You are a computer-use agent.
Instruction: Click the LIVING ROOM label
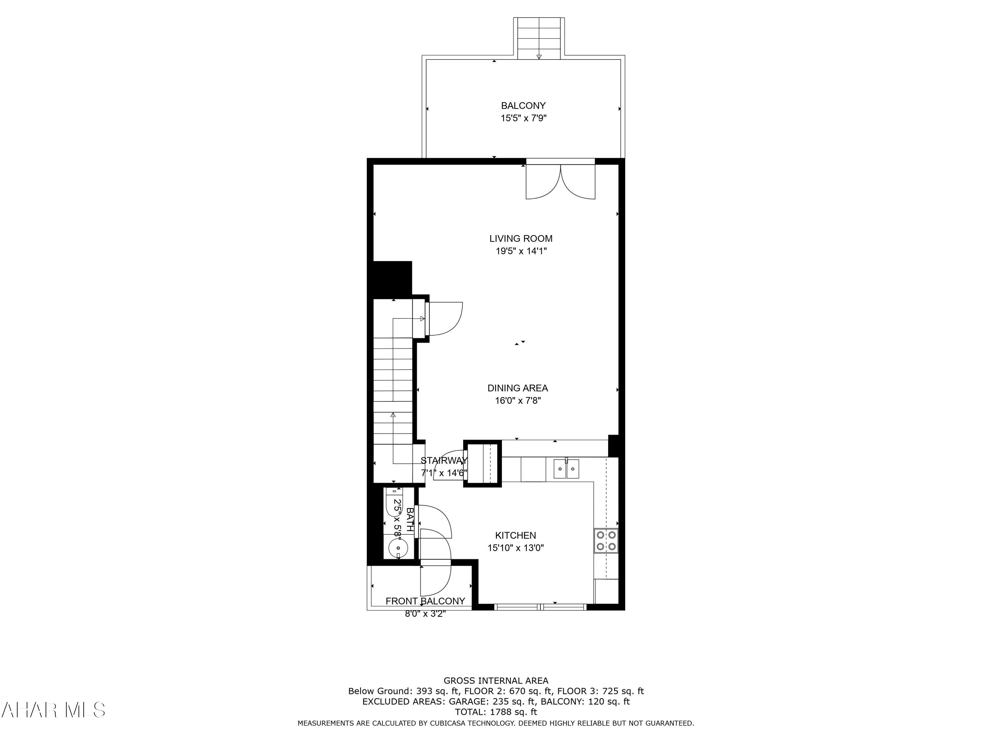[x=521, y=239]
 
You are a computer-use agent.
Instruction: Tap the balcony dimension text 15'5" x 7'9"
[x=523, y=118]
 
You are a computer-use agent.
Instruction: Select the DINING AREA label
[x=517, y=388]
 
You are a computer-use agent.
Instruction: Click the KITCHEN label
[x=515, y=535]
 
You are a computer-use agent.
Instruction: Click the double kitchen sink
[x=566, y=469]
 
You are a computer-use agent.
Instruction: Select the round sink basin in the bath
[x=398, y=548]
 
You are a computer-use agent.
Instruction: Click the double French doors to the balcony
[x=560, y=182]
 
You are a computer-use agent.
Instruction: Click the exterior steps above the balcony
[x=539, y=38]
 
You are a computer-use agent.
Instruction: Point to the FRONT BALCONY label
[x=425, y=601]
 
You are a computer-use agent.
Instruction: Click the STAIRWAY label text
[x=443, y=461]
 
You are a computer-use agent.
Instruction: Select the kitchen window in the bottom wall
[x=540, y=607]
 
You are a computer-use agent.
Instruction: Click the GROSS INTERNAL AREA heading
[x=496, y=681]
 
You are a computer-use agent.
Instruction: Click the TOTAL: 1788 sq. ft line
[x=496, y=712]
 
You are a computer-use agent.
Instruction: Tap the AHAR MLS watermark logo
[x=53, y=710]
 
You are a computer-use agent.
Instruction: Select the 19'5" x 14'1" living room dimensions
[x=521, y=251]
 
